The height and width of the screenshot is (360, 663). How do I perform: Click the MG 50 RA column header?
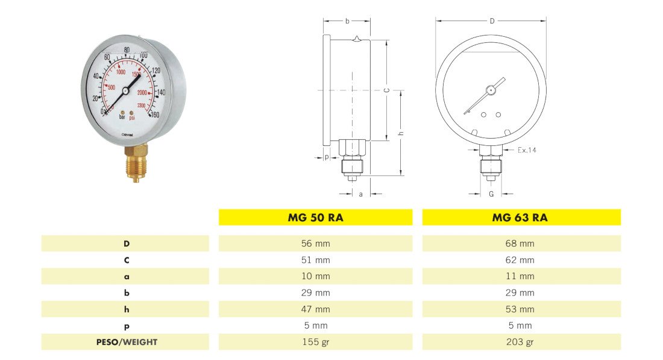click(315, 218)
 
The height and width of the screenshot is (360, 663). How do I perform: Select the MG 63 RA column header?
click(520, 218)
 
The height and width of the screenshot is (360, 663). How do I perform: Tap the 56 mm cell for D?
click(315, 244)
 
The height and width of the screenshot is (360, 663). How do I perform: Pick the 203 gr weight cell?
click(520, 342)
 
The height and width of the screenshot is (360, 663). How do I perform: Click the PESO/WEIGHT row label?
click(127, 342)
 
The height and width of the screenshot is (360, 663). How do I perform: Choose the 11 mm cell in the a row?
click(520, 276)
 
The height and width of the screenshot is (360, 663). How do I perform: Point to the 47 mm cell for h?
click(315, 309)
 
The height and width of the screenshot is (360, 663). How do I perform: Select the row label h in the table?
click(127, 309)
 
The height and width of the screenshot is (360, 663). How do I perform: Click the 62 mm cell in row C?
click(520, 260)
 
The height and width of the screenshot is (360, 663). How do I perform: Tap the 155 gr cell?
click(315, 342)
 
